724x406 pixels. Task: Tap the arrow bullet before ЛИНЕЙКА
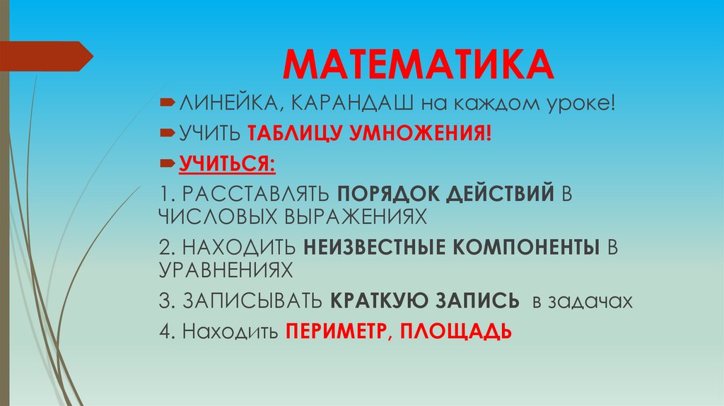click(x=168, y=105)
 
